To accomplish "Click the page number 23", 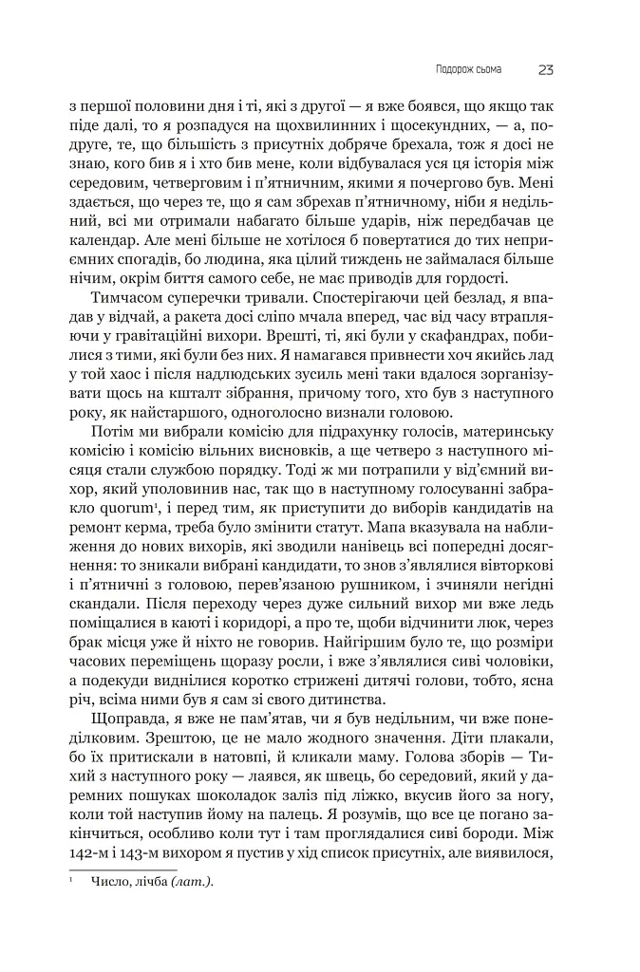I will click(547, 68).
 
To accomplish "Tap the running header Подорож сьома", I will click(462, 69).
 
